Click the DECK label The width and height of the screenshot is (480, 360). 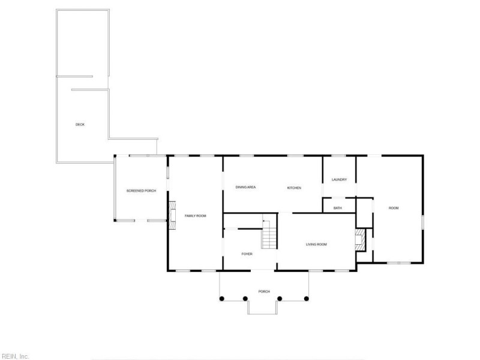click(80, 125)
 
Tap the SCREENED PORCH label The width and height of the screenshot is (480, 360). click(141, 191)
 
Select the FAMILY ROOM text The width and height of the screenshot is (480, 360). click(196, 216)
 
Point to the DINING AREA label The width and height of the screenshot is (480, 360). click(245, 187)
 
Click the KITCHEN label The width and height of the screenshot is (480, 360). click(294, 188)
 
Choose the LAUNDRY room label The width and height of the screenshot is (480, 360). click(339, 179)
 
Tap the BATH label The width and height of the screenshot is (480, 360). click(338, 208)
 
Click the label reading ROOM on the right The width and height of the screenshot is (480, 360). click(394, 208)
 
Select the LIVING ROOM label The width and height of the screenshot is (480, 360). click(316, 244)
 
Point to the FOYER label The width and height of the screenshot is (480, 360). click(247, 254)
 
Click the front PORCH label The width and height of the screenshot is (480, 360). click(264, 292)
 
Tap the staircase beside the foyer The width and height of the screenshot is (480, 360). click(269, 234)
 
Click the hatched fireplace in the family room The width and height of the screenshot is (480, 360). click(172, 215)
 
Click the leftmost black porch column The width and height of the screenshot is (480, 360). click(221, 298)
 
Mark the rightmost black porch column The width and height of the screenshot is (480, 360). click(306, 298)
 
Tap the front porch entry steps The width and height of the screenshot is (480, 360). click(262, 307)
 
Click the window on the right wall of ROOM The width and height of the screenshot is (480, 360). click(423, 223)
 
